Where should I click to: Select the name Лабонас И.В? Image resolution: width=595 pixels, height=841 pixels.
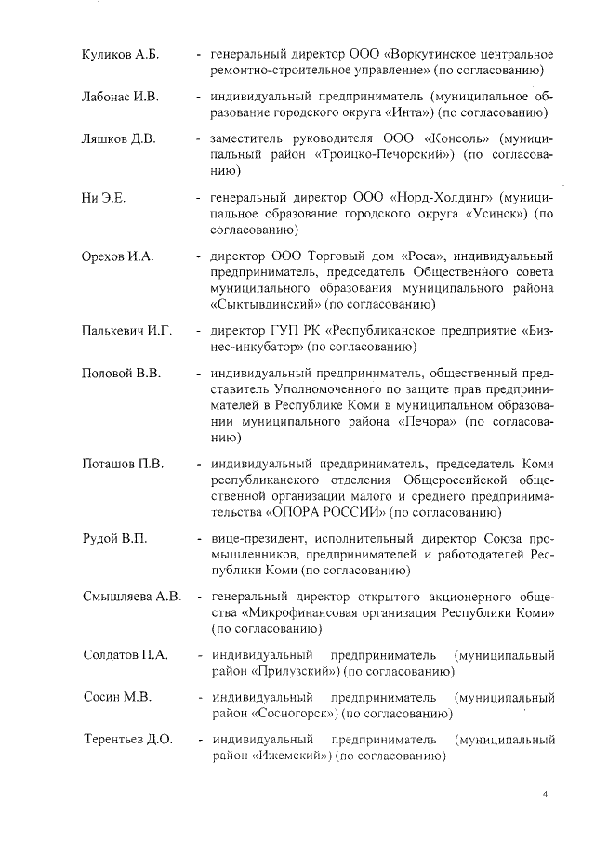coord(121,97)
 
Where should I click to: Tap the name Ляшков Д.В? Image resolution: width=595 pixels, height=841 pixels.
coord(118,139)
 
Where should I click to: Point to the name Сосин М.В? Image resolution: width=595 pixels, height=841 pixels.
coord(116,697)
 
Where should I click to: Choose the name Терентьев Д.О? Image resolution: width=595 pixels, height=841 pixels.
coord(127,740)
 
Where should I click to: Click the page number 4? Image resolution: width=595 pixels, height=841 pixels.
coord(546,795)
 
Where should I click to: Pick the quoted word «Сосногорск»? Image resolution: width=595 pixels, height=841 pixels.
coord(297,714)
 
